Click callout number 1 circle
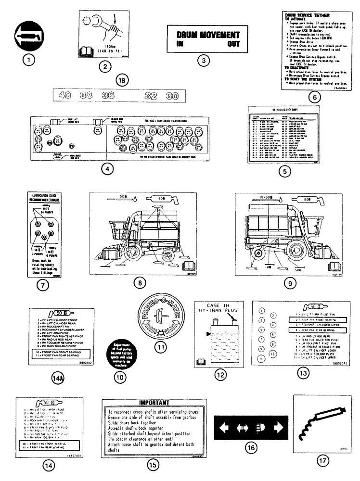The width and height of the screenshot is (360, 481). pos(30,60)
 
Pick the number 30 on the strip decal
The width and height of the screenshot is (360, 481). pos(172,95)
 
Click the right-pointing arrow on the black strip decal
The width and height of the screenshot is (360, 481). pos(278,427)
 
